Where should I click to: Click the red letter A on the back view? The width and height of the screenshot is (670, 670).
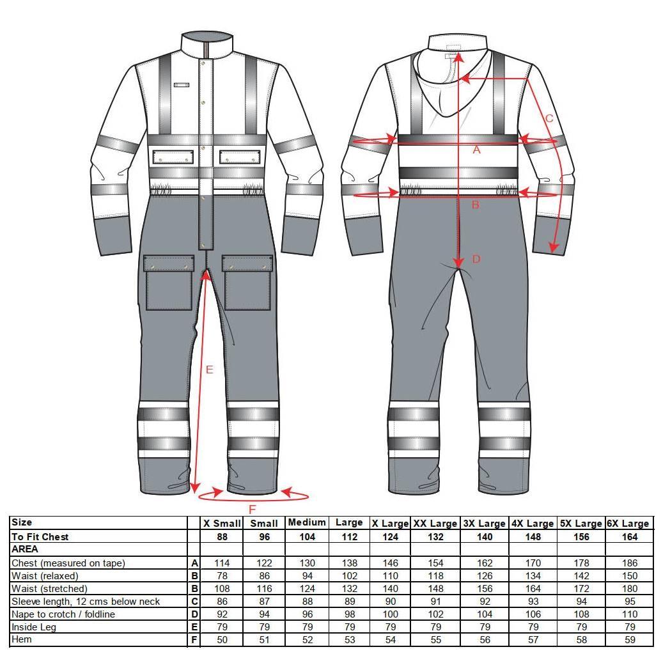tap(476, 150)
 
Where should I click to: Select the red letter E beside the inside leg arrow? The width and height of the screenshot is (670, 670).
tap(210, 370)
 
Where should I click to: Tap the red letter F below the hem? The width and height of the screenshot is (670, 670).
tap(252, 510)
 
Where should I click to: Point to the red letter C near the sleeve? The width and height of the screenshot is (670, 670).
tap(550, 118)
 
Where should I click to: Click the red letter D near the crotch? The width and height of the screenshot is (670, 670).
tap(476, 259)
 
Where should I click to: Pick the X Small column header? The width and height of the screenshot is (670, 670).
tap(222, 524)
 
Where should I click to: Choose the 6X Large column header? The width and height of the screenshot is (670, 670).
tap(630, 524)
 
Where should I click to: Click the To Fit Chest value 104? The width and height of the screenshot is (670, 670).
tap(308, 537)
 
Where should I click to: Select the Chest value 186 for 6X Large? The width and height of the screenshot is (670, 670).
tap(630, 563)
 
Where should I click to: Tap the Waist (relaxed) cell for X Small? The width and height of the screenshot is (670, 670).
tap(222, 576)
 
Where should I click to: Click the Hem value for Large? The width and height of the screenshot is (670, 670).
tap(350, 640)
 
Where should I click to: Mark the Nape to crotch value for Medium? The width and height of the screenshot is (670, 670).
tap(308, 614)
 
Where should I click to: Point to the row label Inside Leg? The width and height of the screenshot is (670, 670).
tap(34, 627)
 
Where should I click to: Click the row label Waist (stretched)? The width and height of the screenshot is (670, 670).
tap(49, 589)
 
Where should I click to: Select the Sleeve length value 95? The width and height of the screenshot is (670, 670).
tap(630, 602)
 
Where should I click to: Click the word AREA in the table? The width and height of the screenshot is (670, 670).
tap(25, 549)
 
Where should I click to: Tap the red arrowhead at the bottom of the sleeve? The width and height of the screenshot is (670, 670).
tap(554, 248)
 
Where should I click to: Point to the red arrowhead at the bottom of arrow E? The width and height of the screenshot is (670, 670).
tap(195, 487)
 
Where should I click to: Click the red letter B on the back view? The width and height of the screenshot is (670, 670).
tap(476, 205)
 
